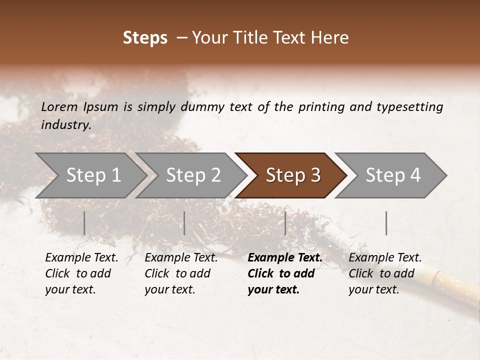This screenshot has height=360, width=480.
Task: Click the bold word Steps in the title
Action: tap(145, 38)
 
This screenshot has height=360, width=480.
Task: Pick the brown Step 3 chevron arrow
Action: tap(293, 175)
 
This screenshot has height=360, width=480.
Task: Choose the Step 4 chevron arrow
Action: tap(393, 175)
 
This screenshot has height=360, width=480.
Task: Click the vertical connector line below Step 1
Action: tap(84, 223)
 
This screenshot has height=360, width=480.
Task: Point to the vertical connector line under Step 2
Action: tap(184, 223)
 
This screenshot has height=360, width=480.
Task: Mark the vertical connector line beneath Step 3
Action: tap(285, 223)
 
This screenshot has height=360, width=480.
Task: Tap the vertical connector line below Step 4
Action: tap(386, 223)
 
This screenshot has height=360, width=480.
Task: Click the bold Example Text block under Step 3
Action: tap(285, 273)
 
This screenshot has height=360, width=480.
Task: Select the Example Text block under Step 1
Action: tap(81, 273)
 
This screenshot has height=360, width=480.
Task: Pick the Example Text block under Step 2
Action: tap(181, 273)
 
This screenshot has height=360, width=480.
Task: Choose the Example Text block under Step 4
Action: tap(385, 273)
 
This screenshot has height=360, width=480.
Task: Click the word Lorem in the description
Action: tap(59, 106)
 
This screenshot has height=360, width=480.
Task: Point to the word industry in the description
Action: tap(66, 124)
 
